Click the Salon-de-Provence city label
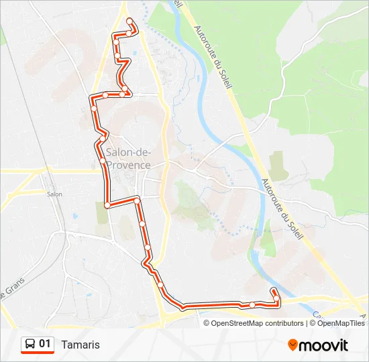pyautogui.click(x=128, y=159)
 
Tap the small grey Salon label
pyautogui.click(x=54, y=194)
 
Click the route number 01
pyautogui.click(x=45, y=344)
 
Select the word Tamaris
pyautogui.click(x=80, y=345)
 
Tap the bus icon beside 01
pyautogui.click(x=30, y=345)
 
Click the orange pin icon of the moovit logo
pyautogui.click(x=293, y=345)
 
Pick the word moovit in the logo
pyautogui.click(x=323, y=345)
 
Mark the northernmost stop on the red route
pyautogui.click(x=129, y=21)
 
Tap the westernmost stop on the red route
pyautogui.click(x=93, y=107)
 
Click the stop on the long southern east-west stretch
pyautogui.click(x=252, y=305)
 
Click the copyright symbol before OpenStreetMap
pyautogui.click(x=207, y=323)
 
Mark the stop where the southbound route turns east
pyautogui.click(x=107, y=204)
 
